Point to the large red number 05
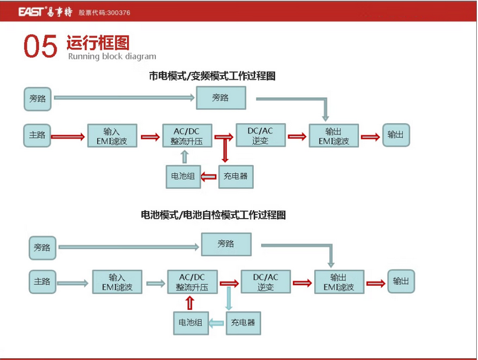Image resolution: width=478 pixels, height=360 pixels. [x=40, y=47]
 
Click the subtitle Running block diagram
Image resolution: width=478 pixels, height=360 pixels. [x=112, y=56]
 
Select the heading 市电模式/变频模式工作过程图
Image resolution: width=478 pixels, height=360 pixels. [x=212, y=76]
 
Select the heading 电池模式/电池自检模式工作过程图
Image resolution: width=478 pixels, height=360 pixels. [x=213, y=215]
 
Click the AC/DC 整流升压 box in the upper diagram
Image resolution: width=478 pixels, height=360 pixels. [x=187, y=136]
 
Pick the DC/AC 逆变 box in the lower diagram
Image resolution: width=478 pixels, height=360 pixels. [x=265, y=281]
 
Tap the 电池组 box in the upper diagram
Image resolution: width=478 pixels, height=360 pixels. [x=183, y=176]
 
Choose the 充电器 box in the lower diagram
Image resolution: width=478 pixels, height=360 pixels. [x=244, y=323]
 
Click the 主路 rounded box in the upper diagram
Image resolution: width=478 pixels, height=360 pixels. [x=37, y=135]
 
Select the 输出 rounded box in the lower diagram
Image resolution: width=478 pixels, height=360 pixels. [x=401, y=281]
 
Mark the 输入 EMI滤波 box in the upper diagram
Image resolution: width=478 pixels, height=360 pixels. [x=112, y=136]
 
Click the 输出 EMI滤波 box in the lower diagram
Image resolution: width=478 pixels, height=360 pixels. [x=339, y=282]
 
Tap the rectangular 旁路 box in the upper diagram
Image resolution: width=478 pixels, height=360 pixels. [x=221, y=98]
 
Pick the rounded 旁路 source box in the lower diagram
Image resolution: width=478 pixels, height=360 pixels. [x=42, y=248]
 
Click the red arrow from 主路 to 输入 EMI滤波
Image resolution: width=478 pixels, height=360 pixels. [x=68, y=137]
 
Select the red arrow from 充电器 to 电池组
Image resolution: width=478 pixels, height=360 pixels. [x=209, y=176]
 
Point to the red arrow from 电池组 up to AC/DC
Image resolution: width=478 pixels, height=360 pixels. [x=190, y=303]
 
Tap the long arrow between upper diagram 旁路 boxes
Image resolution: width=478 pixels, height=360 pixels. [x=124, y=98]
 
